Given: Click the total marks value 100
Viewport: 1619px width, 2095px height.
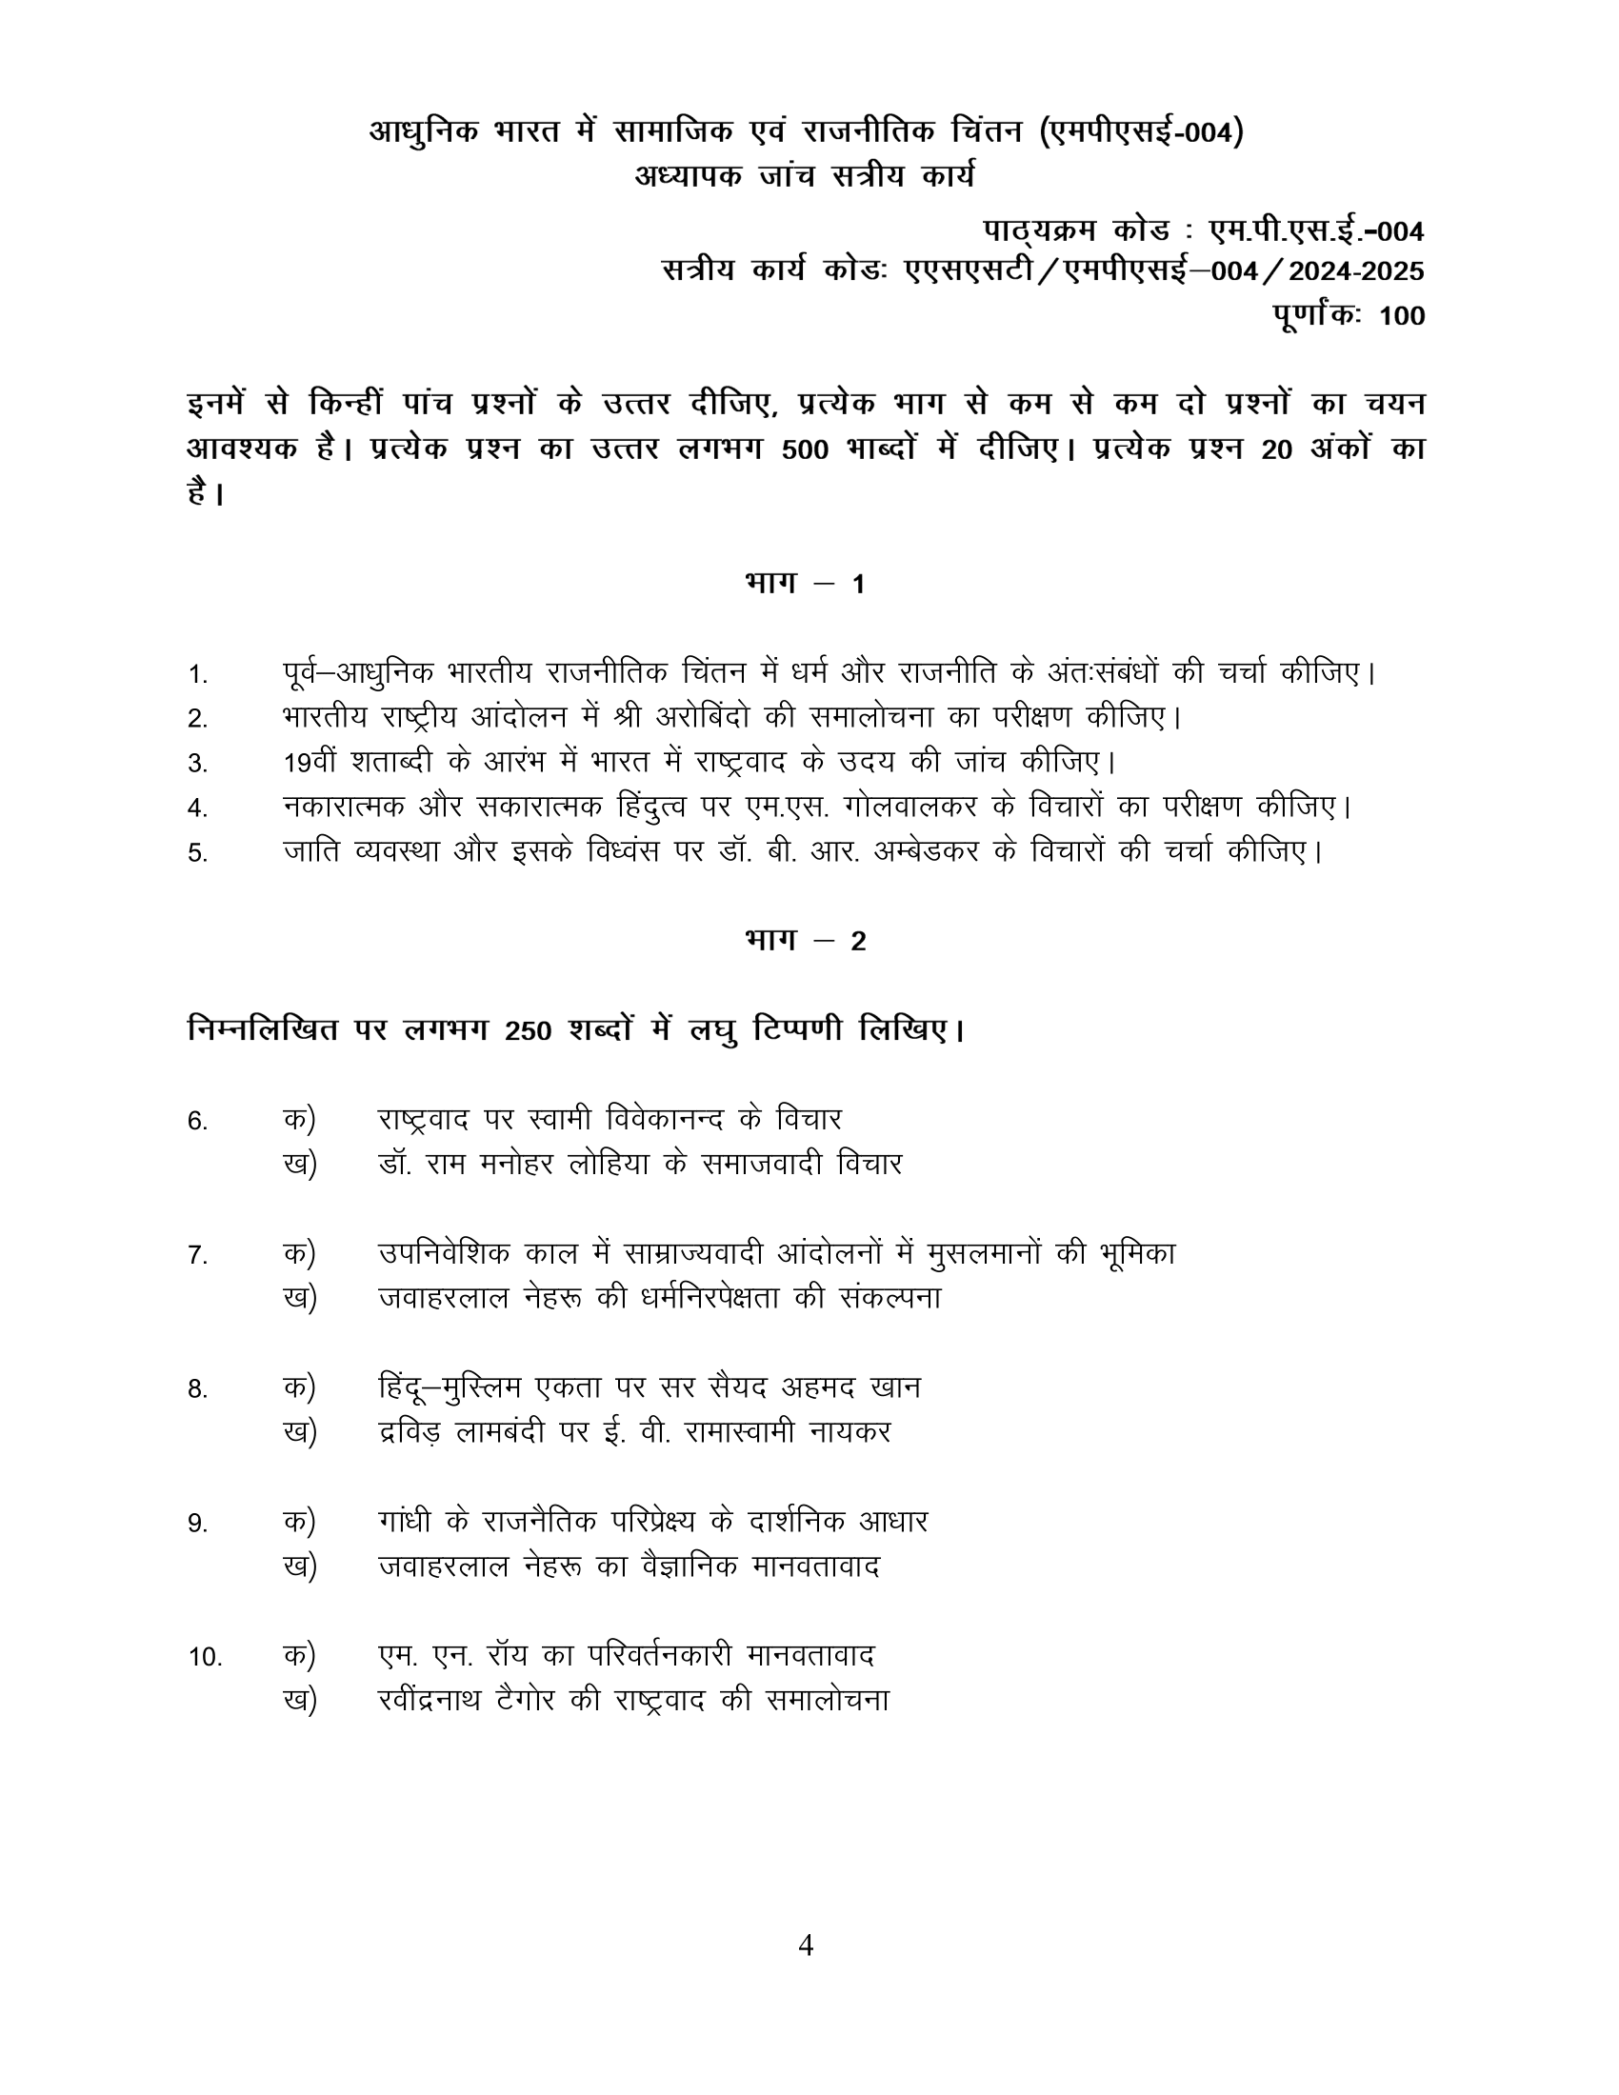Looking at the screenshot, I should tap(1401, 315).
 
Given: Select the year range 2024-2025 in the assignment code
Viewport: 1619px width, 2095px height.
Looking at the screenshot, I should tap(1356, 271).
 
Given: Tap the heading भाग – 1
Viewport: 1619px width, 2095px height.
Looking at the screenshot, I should tap(806, 583).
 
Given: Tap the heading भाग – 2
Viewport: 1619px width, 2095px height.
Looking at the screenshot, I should tap(806, 941).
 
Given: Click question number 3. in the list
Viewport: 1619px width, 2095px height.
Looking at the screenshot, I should tap(197, 764).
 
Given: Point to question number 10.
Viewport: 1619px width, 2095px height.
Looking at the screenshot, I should tap(206, 1657).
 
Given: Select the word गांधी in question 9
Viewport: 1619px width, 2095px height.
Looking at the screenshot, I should tap(406, 1522).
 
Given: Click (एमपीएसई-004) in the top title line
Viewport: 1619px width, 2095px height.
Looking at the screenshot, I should tap(1141, 131).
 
